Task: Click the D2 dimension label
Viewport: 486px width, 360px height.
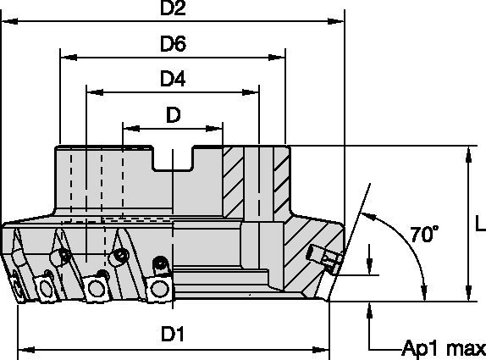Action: click(x=173, y=10)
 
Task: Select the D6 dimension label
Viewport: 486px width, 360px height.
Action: click(x=173, y=43)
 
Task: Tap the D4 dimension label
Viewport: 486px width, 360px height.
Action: click(x=173, y=78)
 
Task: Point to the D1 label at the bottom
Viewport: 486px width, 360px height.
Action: click(x=173, y=335)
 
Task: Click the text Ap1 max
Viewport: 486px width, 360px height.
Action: click(x=444, y=348)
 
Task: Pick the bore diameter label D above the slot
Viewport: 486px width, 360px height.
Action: click(x=173, y=114)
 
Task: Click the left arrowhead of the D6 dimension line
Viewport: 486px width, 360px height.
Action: click(x=66, y=58)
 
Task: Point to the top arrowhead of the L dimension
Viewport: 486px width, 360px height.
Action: click(x=467, y=152)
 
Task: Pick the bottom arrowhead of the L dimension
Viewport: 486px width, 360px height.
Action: click(x=467, y=294)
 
